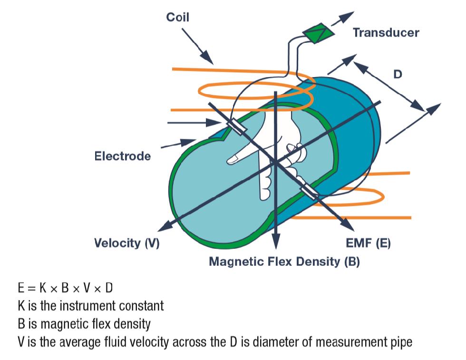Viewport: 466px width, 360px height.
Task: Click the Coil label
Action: pos(177,18)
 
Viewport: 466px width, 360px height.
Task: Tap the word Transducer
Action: pos(386,32)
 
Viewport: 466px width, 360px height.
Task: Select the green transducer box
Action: pos(316,33)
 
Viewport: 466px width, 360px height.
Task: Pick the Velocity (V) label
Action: pos(126,243)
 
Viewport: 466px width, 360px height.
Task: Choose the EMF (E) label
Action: pos(368,243)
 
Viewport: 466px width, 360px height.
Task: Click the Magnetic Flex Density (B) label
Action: pos(284,262)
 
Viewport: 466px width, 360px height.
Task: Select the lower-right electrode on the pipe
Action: pos(310,191)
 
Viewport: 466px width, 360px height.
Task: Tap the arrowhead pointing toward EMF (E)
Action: pos(343,224)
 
